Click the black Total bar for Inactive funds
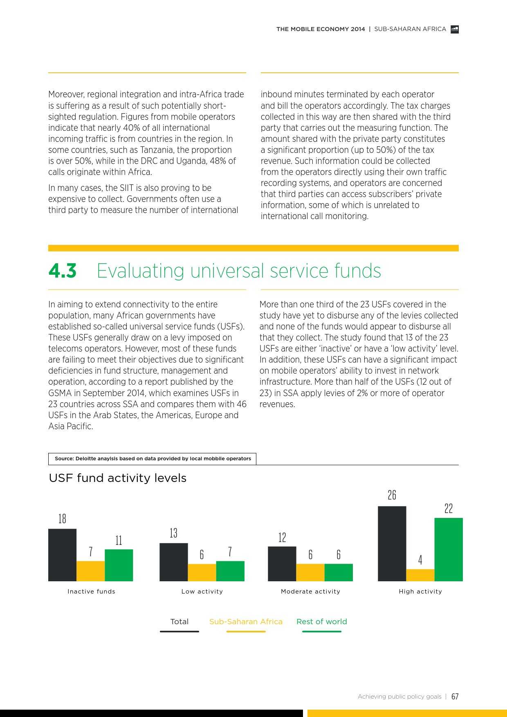(x=62, y=555)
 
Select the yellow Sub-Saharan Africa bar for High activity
(x=420, y=575)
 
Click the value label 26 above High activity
(x=392, y=495)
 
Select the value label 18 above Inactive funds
(x=62, y=519)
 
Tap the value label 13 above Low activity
(x=173, y=533)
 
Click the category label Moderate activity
(x=310, y=592)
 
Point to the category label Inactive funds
(x=91, y=592)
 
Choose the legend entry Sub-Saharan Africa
(x=246, y=622)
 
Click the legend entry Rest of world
(x=321, y=622)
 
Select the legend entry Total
(x=179, y=622)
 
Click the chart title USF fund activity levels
(x=117, y=478)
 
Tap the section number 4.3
(x=62, y=271)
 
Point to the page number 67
(x=455, y=697)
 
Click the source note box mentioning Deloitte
(x=153, y=459)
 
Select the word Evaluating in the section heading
(x=140, y=271)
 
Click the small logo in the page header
(x=454, y=29)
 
